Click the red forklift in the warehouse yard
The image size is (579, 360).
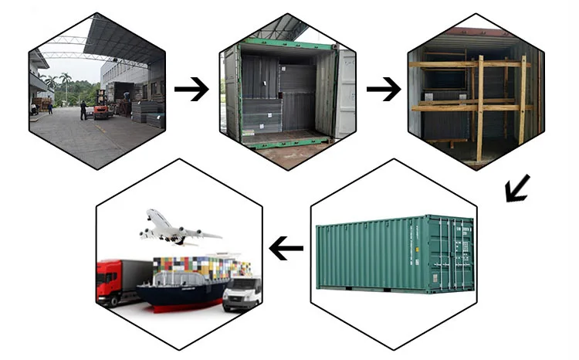(x=100, y=110)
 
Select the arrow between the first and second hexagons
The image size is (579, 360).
(x=191, y=90)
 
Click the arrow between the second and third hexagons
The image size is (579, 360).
(x=383, y=90)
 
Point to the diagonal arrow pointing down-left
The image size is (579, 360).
(x=516, y=188)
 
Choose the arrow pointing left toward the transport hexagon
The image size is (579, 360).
(x=286, y=249)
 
